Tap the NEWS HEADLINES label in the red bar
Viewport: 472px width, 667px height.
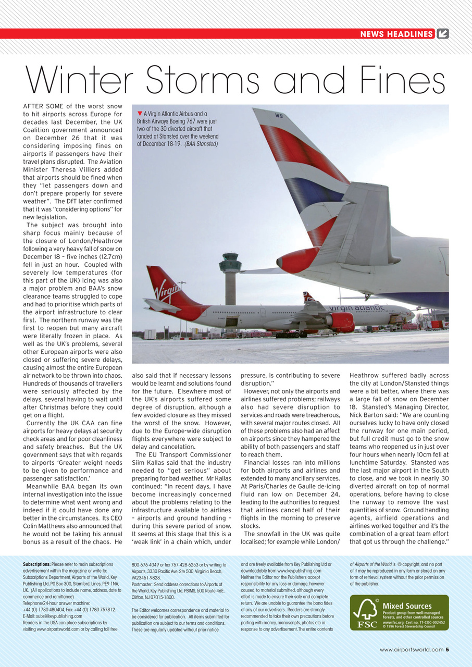396,34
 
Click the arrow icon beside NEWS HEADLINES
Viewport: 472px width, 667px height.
442,34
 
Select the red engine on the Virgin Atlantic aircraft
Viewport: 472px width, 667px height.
341,320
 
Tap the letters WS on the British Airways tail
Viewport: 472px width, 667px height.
279,116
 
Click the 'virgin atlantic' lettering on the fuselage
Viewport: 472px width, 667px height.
356,308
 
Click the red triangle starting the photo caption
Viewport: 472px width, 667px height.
140,114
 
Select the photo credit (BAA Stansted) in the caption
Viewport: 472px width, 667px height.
201,144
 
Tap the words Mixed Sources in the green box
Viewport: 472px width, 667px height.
407,606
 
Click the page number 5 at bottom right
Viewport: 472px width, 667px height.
448,649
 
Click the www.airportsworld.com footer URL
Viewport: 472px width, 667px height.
411,649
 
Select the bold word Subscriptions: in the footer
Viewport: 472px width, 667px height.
36,564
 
